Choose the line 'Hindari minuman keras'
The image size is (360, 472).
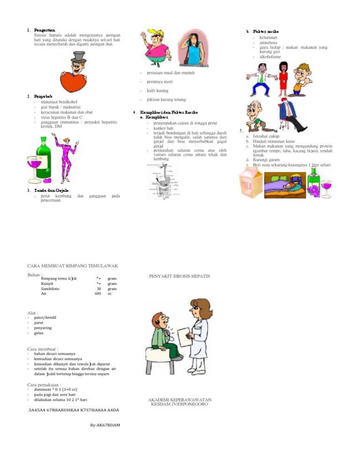(x=277, y=141)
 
